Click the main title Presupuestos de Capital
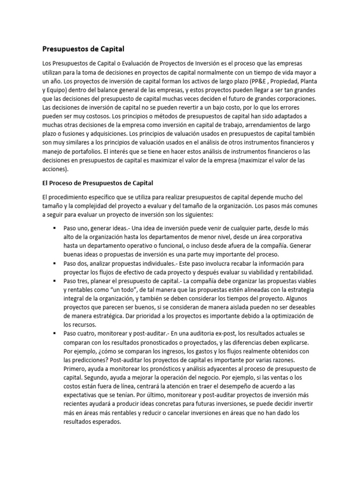pyautogui.click(x=84, y=49)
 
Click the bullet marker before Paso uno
pyautogui.click(x=55, y=227)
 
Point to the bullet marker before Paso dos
pyautogui.click(x=55, y=263)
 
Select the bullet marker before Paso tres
pyautogui.click(x=55, y=281)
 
